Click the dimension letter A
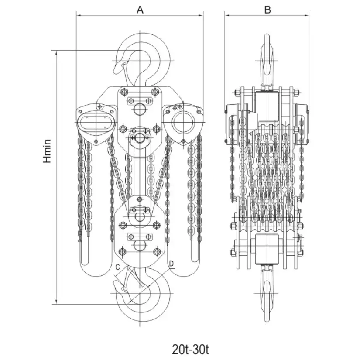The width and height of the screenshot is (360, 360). click(x=140, y=10)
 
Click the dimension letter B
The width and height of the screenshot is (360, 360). click(x=267, y=10)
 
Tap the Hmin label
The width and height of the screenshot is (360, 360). click(x=47, y=151)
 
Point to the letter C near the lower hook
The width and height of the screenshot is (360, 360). click(x=117, y=267)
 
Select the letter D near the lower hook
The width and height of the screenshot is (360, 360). click(x=171, y=264)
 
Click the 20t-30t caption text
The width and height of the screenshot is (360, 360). click(x=190, y=350)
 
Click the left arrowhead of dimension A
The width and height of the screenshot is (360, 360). click(x=78, y=15)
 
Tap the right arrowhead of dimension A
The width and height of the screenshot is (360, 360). click(x=201, y=15)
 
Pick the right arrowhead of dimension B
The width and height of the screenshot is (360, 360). click(x=307, y=15)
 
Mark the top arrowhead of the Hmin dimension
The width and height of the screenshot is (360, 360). click(x=56, y=52)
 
